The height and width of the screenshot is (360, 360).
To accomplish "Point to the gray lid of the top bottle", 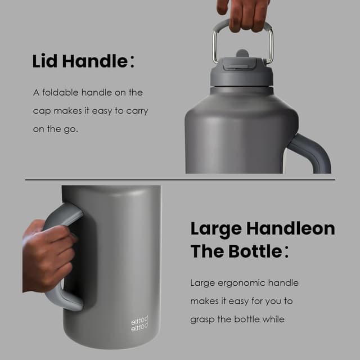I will (241, 74).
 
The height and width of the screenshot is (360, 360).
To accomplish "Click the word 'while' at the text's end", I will (273, 319).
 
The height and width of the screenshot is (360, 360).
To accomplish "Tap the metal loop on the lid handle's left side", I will (215, 45).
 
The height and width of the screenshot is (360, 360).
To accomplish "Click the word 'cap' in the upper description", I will (42, 111).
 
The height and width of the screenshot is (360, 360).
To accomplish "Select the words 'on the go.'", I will (55, 129).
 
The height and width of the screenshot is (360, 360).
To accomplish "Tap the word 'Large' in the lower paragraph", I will (202, 283).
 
